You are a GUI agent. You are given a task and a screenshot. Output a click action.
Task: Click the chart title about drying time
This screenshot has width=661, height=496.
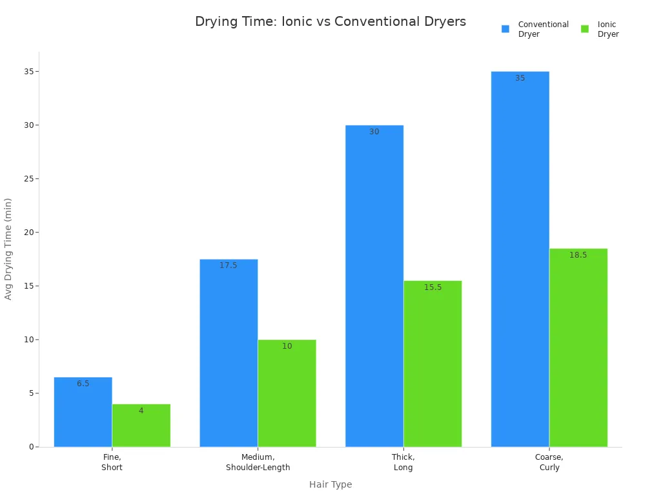tap(330, 22)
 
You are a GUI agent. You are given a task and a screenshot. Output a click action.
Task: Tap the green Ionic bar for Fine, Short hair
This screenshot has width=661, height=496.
tap(141, 426)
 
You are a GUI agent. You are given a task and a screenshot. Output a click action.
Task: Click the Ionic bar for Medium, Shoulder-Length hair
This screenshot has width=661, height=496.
tap(287, 393)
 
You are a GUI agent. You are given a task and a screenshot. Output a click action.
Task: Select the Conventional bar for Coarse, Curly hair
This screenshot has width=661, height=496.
tap(520, 259)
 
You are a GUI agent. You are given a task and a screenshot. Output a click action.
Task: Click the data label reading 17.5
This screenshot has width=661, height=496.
tap(229, 265)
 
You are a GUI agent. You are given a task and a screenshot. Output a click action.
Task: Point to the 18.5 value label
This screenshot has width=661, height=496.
tap(578, 255)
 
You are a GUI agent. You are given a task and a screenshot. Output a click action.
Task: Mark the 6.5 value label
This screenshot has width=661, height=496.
tap(83, 384)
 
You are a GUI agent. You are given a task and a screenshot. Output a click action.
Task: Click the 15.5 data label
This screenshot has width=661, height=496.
tap(432, 287)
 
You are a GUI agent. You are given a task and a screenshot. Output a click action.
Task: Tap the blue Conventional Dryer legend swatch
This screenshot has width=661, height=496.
tap(505, 29)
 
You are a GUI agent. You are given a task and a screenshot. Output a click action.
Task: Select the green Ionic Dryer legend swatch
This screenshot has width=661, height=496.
tap(585, 29)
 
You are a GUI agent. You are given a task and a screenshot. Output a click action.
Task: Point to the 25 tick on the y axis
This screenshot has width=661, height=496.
tap(29, 179)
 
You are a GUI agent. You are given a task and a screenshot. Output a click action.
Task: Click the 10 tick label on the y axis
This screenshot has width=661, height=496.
tap(29, 340)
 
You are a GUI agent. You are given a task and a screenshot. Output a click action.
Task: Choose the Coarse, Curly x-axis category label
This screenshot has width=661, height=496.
tap(549, 462)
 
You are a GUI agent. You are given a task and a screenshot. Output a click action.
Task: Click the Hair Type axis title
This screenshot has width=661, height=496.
tap(330, 484)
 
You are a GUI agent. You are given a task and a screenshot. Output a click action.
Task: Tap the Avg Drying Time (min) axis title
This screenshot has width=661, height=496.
tap(8, 249)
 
